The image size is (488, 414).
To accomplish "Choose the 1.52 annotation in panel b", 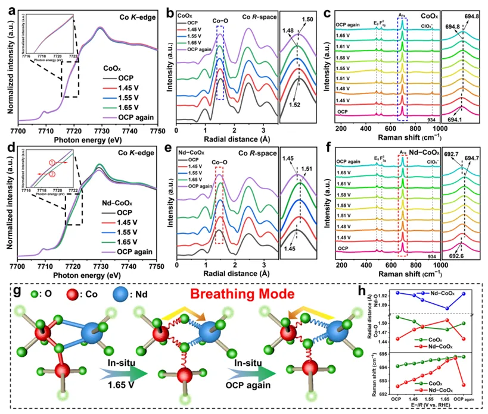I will (296, 103).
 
